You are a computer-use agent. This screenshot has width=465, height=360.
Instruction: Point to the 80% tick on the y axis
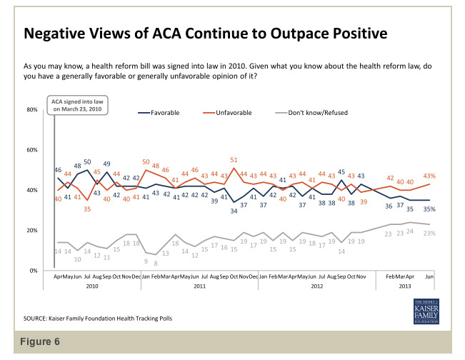(x=31, y=110)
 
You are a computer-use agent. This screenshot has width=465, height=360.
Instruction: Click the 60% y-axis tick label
(x=31, y=150)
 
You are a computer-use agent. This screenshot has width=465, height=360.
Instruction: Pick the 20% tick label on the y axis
(x=31, y=231)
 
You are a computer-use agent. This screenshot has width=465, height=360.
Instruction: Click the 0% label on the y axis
(x=34, y=271)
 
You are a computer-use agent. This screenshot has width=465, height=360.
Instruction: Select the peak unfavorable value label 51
(x=234, y=159)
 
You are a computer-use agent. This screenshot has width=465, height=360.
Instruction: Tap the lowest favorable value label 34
(x=234, y=211)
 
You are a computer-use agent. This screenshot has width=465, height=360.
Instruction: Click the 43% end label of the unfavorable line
(x=431, y=176)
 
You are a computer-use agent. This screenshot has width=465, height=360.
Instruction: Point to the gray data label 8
(x=156, y=262)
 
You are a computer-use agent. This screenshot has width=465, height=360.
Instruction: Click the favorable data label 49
(x=106, y=164)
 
